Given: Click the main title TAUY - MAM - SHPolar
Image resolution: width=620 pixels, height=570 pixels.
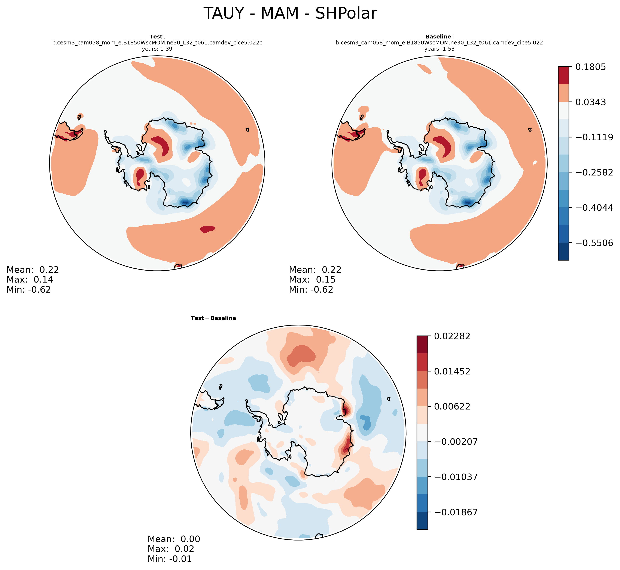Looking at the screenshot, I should (x=290, y=14).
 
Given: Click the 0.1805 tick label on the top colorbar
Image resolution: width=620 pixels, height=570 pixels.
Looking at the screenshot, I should (x=590, y=67).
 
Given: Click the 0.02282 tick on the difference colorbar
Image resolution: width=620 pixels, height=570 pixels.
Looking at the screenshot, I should (x=452, y=336).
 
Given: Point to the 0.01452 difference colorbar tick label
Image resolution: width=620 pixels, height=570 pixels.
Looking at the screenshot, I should (x=452, y=371).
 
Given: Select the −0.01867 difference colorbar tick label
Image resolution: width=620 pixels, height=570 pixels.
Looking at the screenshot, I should (x=456, y=512).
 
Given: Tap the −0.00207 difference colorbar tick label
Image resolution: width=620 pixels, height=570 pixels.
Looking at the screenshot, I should (x=456, y=442).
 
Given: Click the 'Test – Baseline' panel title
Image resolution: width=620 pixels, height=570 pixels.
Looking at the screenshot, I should (x=213, y=318).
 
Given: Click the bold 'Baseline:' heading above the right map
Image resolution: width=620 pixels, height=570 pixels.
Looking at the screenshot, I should (x=439, y=37).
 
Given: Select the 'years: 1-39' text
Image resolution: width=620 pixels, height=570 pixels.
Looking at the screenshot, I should (x=157, y=49).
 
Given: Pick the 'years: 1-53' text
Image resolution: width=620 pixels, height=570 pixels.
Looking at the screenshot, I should (x=439, y=49).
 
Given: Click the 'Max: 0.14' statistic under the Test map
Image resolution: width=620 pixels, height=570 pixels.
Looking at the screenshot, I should (x=30, y=280).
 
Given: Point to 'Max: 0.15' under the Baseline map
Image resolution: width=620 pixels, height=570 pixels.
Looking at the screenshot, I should (x=312, y=280).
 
